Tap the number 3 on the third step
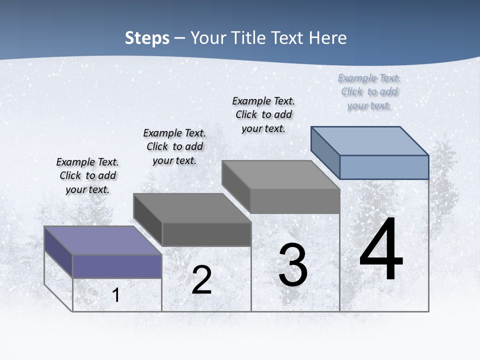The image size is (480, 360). [293, 265]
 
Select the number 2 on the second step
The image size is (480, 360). [201, 280]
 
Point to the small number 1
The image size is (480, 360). [116, 295]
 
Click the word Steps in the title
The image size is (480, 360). [147, 38]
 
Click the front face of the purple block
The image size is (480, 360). [117, 266]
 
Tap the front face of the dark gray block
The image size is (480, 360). [206, 234]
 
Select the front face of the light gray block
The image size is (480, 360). [295, 201]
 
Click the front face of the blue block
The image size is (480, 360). [384, 167]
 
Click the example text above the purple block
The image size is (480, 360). [87, 175]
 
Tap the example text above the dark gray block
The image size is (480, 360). [174, 146]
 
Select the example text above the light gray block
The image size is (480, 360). [263, 114]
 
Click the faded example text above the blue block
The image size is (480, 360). [369, 91]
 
